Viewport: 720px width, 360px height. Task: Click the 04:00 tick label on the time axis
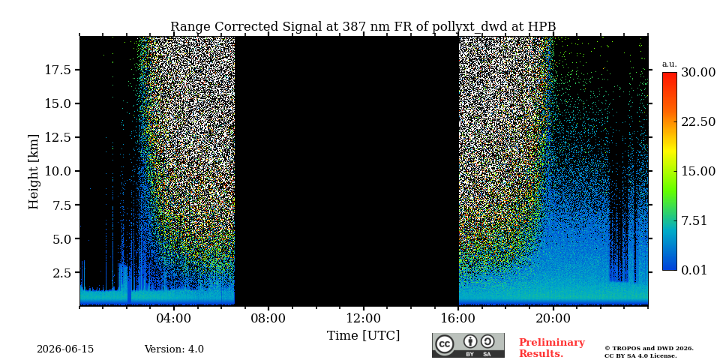174,318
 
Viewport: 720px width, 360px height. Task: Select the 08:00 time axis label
268,318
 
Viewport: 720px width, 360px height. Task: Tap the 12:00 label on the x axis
364,318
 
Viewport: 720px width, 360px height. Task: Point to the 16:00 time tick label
458,318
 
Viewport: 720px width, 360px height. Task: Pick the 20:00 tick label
553,318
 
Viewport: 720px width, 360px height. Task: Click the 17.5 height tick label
58,70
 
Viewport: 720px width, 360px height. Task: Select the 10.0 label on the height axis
58,171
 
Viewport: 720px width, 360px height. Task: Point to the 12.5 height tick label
58,137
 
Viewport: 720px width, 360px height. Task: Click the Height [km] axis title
34,171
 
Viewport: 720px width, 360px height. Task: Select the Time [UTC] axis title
363,336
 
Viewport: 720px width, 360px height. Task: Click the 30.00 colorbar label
698,73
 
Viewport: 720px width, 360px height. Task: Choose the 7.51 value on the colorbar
694,220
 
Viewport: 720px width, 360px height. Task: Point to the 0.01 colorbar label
694,270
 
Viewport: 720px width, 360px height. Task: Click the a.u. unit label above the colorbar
670,64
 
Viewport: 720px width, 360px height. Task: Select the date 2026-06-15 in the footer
65,349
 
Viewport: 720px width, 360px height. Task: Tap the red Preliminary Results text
552,348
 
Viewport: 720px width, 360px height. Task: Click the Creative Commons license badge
468,345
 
